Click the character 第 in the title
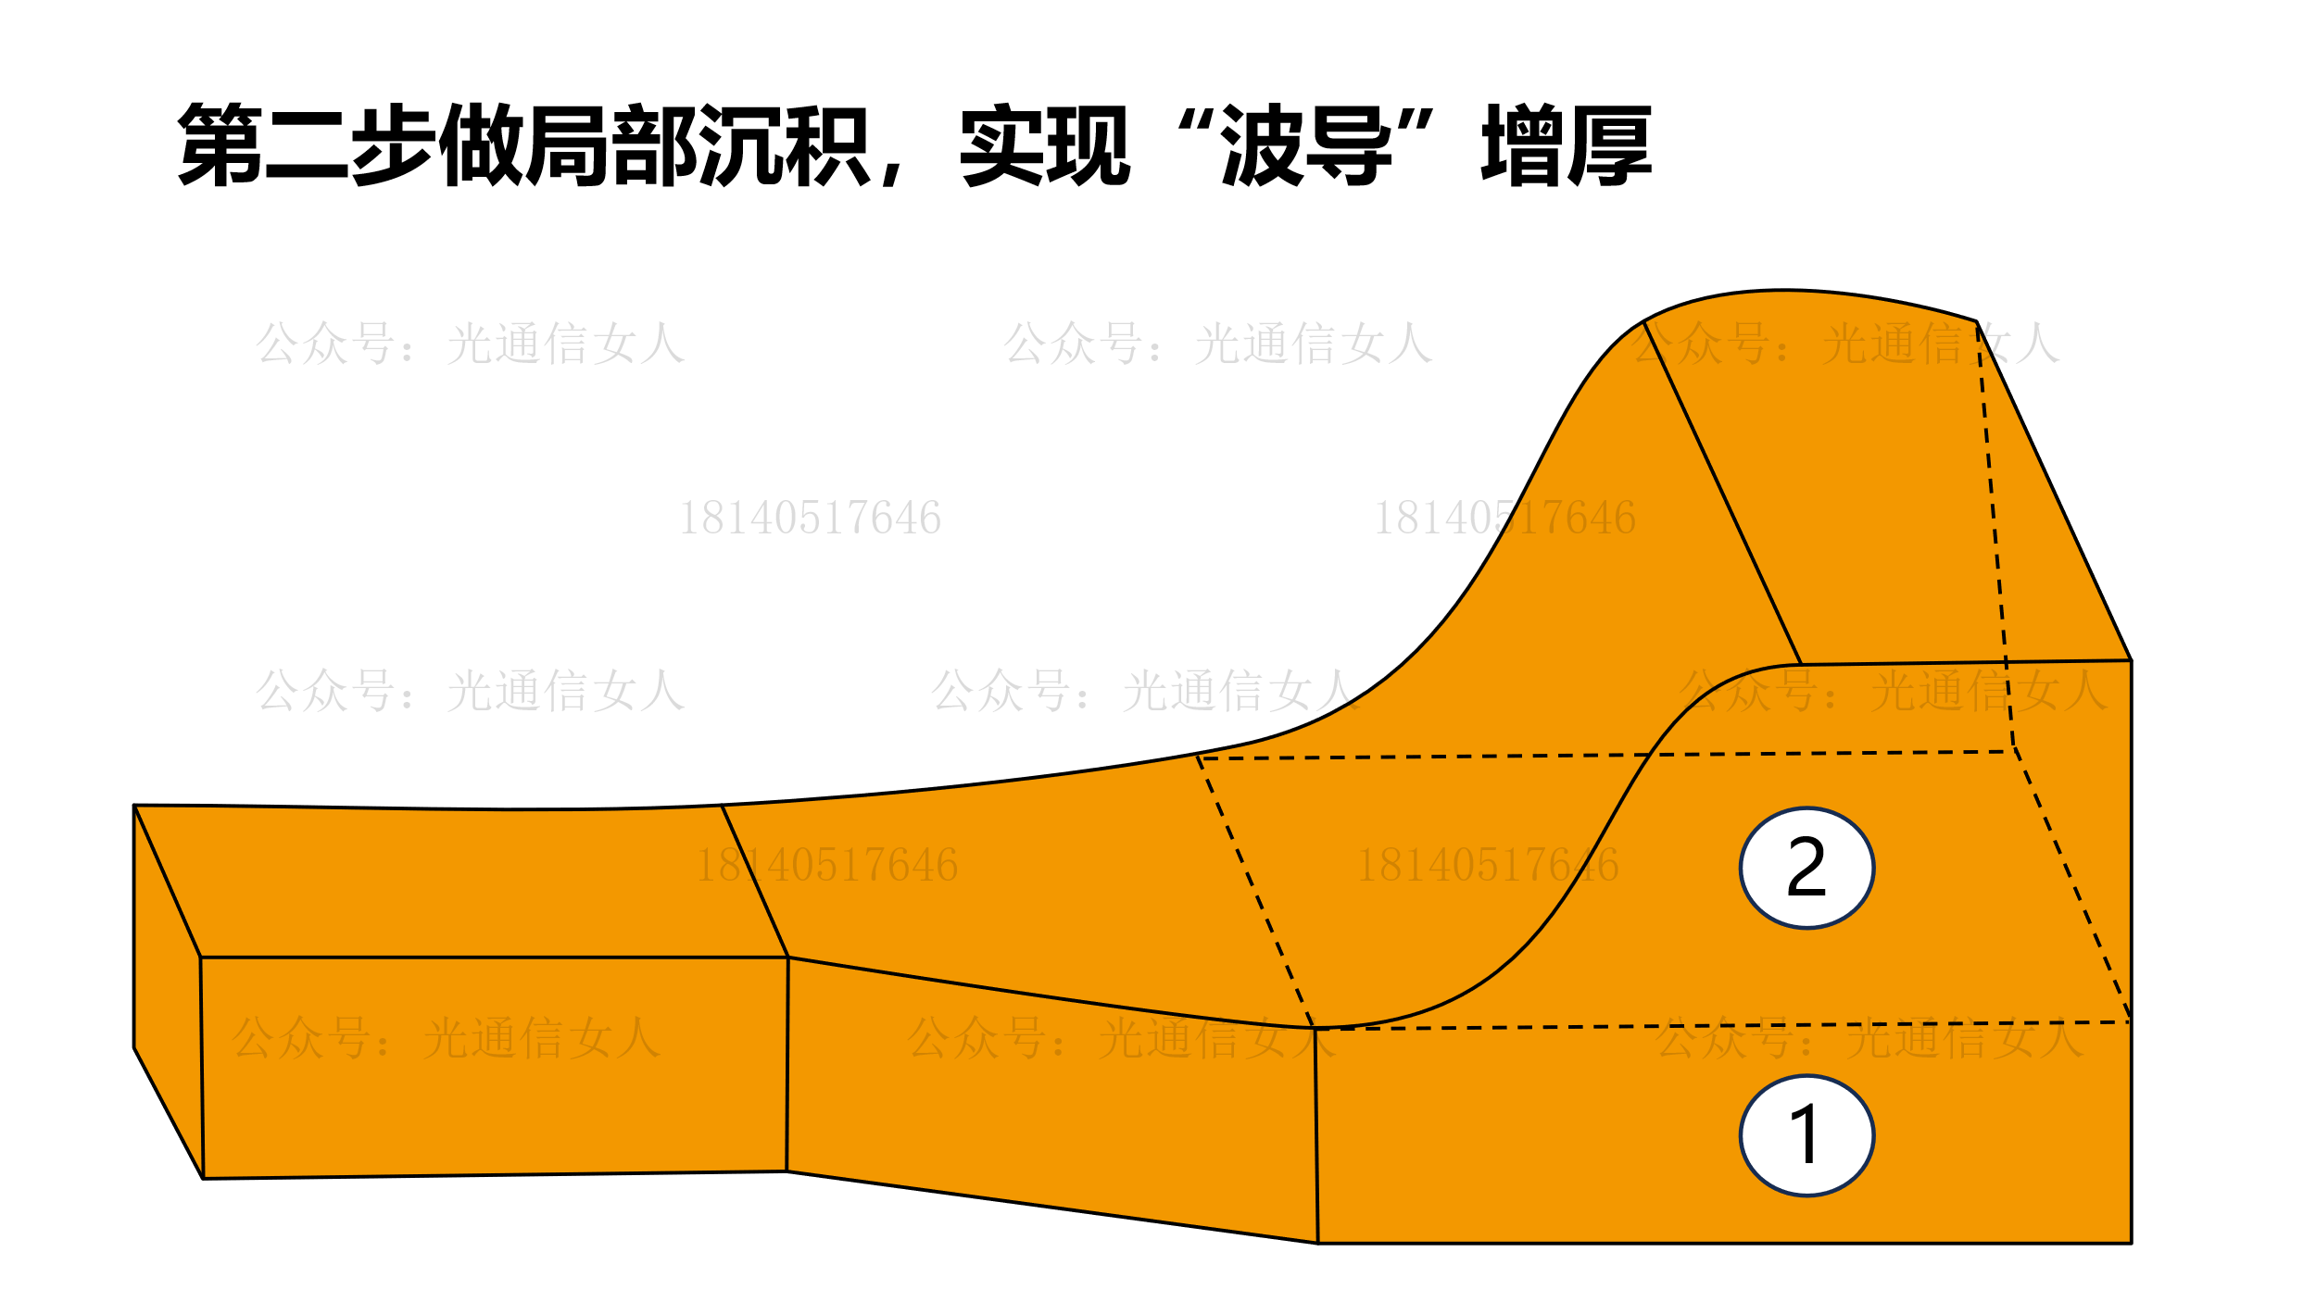220,144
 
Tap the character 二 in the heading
307,145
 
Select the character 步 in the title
394,144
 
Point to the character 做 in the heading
481,144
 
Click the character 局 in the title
567,144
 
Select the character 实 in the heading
1002,144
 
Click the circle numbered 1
1806,1135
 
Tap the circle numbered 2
1806,868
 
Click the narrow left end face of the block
168,992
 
